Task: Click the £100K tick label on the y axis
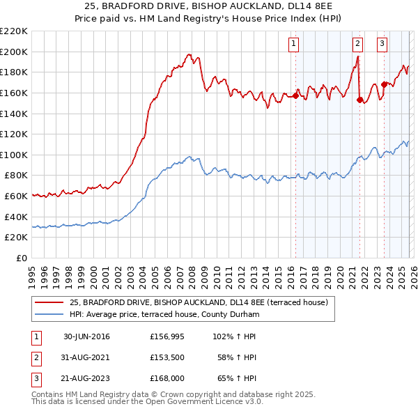click(x=14, y=155)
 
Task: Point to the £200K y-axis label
click(x=14, y=52)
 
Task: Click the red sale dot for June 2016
click(x=295, y=96)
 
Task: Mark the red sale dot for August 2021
click(x=359, y=100)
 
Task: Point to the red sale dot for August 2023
click(x=384, y=84)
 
